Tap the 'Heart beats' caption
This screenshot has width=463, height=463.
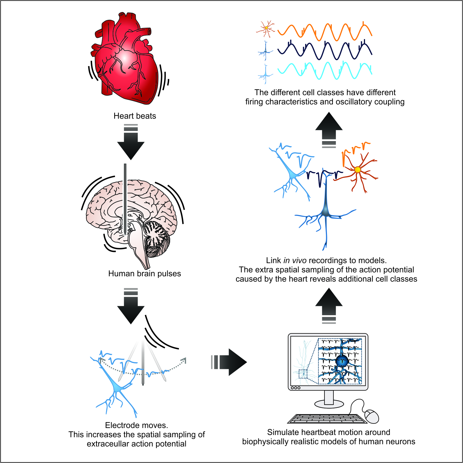135,116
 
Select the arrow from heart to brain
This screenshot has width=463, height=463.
131,143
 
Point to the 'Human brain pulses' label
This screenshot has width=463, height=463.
144,273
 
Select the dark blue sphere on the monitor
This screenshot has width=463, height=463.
342,361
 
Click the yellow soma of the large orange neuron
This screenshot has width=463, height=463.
357,170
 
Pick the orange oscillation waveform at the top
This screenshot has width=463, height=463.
325,32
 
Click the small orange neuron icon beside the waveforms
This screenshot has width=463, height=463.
266,28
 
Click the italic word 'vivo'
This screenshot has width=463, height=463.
299,261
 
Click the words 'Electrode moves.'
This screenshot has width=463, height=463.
137,425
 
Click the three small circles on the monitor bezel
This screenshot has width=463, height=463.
296,388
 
